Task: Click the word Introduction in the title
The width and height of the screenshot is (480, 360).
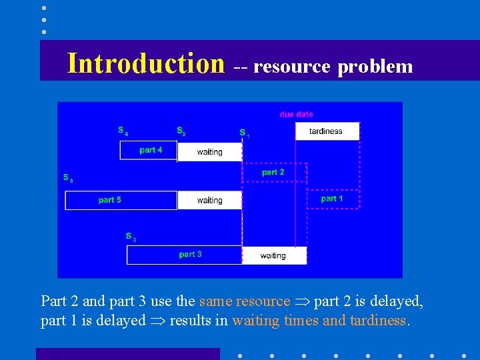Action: [x=145, y=63]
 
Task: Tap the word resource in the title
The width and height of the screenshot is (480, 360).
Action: [x=292, y=67]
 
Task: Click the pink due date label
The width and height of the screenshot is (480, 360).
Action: [x=296, y=115]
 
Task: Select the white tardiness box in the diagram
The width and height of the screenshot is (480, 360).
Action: [x=327, y=131]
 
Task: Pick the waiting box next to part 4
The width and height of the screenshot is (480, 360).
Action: [x=209, y=152]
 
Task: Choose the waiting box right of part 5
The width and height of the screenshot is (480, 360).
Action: [x=209, y=201]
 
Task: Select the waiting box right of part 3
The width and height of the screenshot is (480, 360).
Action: [x=273, y=255]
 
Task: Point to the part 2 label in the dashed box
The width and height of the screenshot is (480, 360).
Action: [x=273, y=172]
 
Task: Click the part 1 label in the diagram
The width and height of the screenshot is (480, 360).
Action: [x=332, y=199]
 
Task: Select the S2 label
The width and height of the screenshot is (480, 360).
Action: [x=181, y=131]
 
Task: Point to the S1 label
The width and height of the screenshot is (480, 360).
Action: [x=244, y=133]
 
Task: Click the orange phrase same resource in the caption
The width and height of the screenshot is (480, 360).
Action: [x=245, y=301]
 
